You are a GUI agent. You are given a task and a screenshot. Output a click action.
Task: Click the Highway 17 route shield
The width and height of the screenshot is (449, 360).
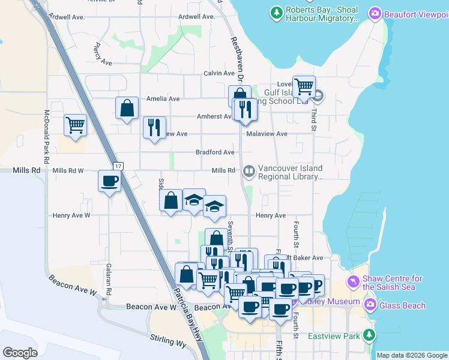118,166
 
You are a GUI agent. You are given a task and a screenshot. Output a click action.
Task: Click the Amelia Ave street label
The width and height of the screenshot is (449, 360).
163,99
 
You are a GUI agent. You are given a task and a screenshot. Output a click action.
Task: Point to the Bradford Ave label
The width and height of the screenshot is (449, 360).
215,152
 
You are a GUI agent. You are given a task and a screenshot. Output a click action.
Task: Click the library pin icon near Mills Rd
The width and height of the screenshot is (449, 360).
249,172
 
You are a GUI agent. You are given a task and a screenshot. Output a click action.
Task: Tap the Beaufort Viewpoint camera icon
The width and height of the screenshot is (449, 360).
375,13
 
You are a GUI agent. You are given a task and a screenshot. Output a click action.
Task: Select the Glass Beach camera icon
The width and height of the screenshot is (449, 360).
370,305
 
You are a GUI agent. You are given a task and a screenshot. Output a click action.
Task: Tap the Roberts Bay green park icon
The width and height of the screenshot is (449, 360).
276,12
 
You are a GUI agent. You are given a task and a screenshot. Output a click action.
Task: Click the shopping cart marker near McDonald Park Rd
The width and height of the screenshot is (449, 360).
76,125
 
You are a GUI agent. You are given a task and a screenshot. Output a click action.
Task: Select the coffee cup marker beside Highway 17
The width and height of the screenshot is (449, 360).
110,181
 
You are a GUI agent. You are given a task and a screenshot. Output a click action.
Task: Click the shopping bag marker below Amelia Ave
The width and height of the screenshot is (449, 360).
127,109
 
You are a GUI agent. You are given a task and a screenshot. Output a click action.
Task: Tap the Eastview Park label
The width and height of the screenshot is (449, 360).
334,337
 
